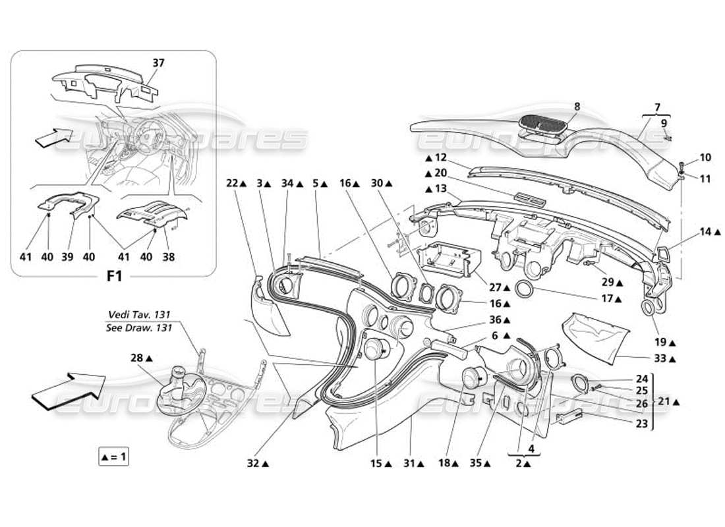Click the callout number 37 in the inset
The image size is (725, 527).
point(158,63)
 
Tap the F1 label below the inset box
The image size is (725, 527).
point(113,277)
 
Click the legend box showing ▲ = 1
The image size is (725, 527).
point(113,456)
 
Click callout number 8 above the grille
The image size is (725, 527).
point(577,105)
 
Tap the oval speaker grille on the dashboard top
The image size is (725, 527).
point(542,123)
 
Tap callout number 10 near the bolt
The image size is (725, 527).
point(687,157)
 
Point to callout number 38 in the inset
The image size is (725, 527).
point(169,258)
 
